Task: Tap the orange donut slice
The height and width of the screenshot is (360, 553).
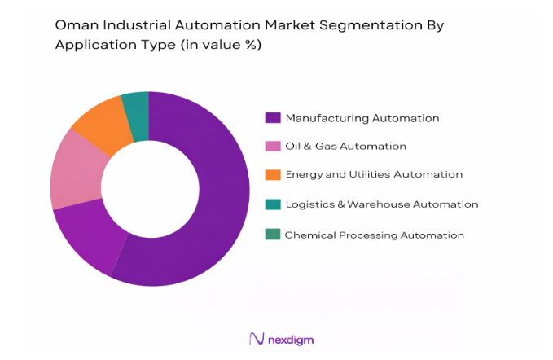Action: pos(102,126)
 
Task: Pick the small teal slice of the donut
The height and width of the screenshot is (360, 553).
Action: pos(137,113)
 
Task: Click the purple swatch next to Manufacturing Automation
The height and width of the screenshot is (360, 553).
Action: pos(273,118)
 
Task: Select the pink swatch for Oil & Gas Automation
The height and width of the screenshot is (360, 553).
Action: pos(273,147)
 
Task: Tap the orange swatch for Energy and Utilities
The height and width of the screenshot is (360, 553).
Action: pos(273,174)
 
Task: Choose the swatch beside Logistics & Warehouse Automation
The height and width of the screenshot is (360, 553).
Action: pos(273,204)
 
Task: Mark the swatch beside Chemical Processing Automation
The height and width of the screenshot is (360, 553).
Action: pos(273,235)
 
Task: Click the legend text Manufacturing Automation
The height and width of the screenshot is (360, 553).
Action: pos(362,118)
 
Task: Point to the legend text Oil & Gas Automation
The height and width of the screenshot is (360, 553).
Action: pos(345,147)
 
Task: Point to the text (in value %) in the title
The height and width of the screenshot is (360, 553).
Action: pos(218,46)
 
